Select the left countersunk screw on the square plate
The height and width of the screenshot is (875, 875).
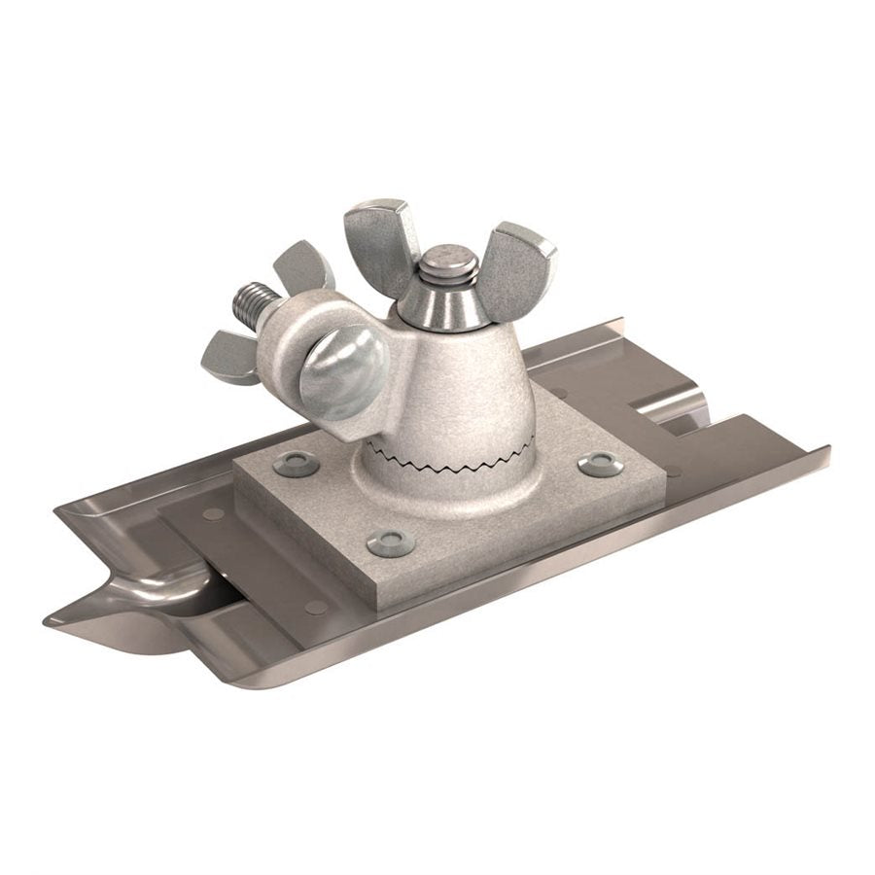pyautogui.click(x=296, y=465)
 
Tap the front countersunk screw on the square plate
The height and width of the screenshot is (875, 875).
pyautogui.click(x=390, y=542)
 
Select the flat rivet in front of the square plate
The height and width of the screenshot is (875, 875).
pyautogui.click(x=316, y=607)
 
